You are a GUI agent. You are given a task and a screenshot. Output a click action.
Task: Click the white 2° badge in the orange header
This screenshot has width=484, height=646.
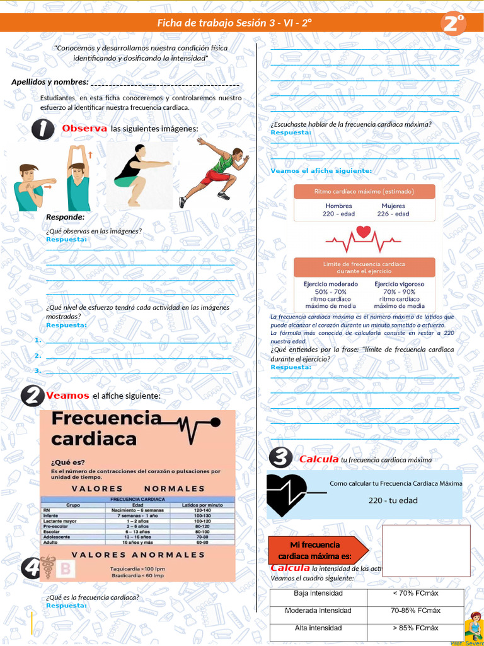tap(454, 24)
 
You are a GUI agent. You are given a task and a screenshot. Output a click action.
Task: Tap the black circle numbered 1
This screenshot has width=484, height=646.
tap(43, 129)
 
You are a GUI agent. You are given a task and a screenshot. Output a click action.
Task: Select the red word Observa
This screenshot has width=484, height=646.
tap(84, 129)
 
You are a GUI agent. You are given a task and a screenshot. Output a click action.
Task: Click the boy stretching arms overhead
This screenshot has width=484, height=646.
tap(78, 179)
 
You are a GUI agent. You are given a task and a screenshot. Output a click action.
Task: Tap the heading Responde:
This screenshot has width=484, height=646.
tap(65, 217)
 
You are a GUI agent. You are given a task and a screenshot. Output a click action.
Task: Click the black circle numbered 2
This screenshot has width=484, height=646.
tap(32, 396)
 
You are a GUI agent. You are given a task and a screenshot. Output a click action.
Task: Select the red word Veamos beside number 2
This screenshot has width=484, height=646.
tap(67, 395)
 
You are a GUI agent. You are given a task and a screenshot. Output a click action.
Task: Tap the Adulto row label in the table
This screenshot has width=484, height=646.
tap(50, 542)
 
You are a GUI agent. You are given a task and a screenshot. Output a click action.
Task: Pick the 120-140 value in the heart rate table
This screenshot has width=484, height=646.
tap(202, 511)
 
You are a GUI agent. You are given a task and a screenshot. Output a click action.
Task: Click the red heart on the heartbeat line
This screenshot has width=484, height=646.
tap(364, 232)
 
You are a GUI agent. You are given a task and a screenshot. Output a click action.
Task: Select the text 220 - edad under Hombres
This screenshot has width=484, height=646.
tap(338, 214)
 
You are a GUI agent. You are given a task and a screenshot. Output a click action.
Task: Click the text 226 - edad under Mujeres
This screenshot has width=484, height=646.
tap(393, 214)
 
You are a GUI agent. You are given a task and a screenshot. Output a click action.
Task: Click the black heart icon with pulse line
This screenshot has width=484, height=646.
tap(285, 494)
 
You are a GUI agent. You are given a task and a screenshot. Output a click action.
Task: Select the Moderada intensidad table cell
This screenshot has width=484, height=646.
tap(318, 611)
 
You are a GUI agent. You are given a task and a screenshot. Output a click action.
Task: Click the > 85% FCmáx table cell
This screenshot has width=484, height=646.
tap(415, 628)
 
